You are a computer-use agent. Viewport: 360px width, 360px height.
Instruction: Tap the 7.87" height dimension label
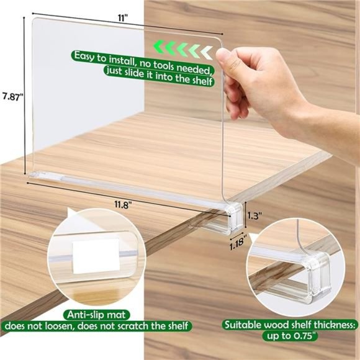click(12, 96)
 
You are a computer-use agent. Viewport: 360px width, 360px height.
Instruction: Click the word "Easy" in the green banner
click(86, 56)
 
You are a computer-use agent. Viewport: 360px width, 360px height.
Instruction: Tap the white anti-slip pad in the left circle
click(88, 255)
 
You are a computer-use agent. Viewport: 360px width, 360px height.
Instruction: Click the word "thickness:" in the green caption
click(330, 324)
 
